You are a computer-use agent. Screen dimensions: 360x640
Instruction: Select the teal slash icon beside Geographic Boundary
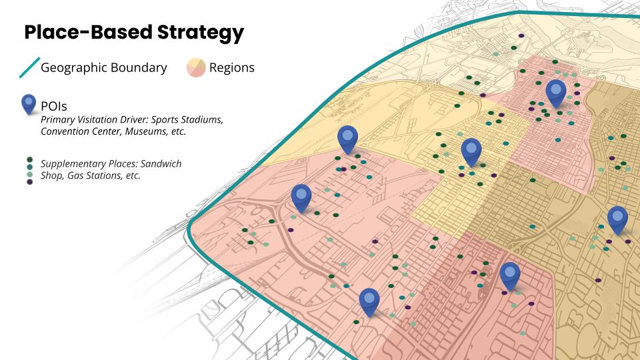[29, 67]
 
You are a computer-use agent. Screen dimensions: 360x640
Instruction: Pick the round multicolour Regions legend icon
[195, 67]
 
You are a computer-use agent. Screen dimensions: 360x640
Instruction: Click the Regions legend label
[232, 67]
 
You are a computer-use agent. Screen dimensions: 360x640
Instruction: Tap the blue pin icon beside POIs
[29, 104]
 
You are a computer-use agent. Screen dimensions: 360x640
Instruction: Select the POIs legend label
[54, 106]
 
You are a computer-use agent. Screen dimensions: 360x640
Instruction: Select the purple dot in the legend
[29, 181]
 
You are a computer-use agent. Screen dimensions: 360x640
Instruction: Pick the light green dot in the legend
[29, 174]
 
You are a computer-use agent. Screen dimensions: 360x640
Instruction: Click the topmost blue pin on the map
[555, 93]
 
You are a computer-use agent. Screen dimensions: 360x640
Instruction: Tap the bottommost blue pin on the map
[369, 301]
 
